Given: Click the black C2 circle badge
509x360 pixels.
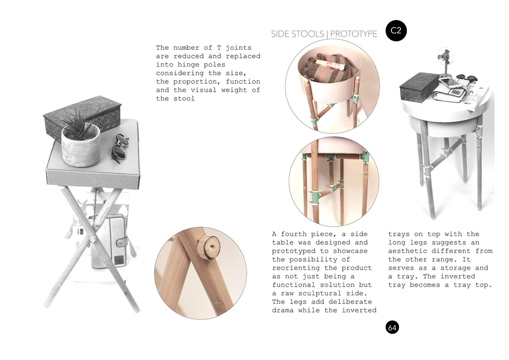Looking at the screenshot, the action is click(x=396, y=31).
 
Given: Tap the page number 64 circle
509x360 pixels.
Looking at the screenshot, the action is click(x=392, y=327).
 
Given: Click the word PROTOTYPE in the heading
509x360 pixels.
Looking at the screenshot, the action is click(x=354, y=34).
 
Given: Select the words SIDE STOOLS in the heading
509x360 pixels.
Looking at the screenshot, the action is click(x=298, y=34).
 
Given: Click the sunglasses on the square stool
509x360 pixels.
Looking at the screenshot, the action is click(x=120, y=148).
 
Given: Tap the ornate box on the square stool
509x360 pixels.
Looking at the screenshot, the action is click(x=82, y=118).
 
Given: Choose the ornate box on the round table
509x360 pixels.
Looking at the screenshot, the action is click(x=419, y=87).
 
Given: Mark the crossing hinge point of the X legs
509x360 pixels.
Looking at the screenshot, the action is click(x=92, y=240).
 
